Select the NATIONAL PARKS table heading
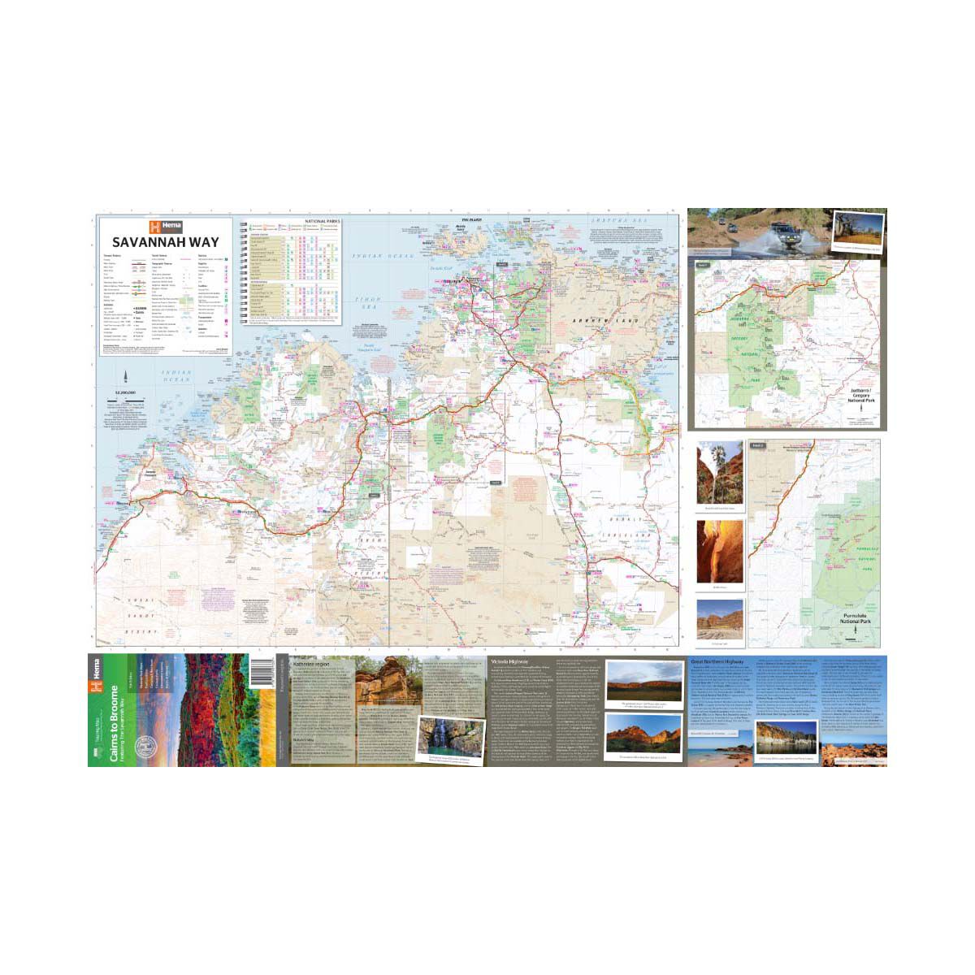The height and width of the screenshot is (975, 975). [323, 221]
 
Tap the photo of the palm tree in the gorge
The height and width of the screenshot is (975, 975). [719, 473]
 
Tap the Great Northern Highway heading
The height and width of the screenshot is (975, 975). [719, 662]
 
